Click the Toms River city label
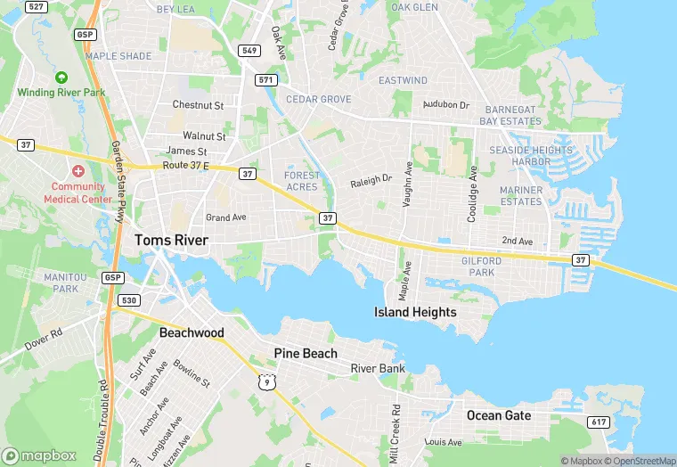(171, 241)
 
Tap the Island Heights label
(415, 312)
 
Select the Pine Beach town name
(306, 354)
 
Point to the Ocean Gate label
(499, 415)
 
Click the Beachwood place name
(192, 332)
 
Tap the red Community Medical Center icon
(78, 170)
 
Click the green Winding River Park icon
(61, 78)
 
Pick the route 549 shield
(249, 51)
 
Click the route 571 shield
(265, 80)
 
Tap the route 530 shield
(129, 300)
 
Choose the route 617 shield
(598, 422)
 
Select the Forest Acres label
(301, 181)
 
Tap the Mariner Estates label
(521, 196)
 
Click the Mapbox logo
(40, 455)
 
